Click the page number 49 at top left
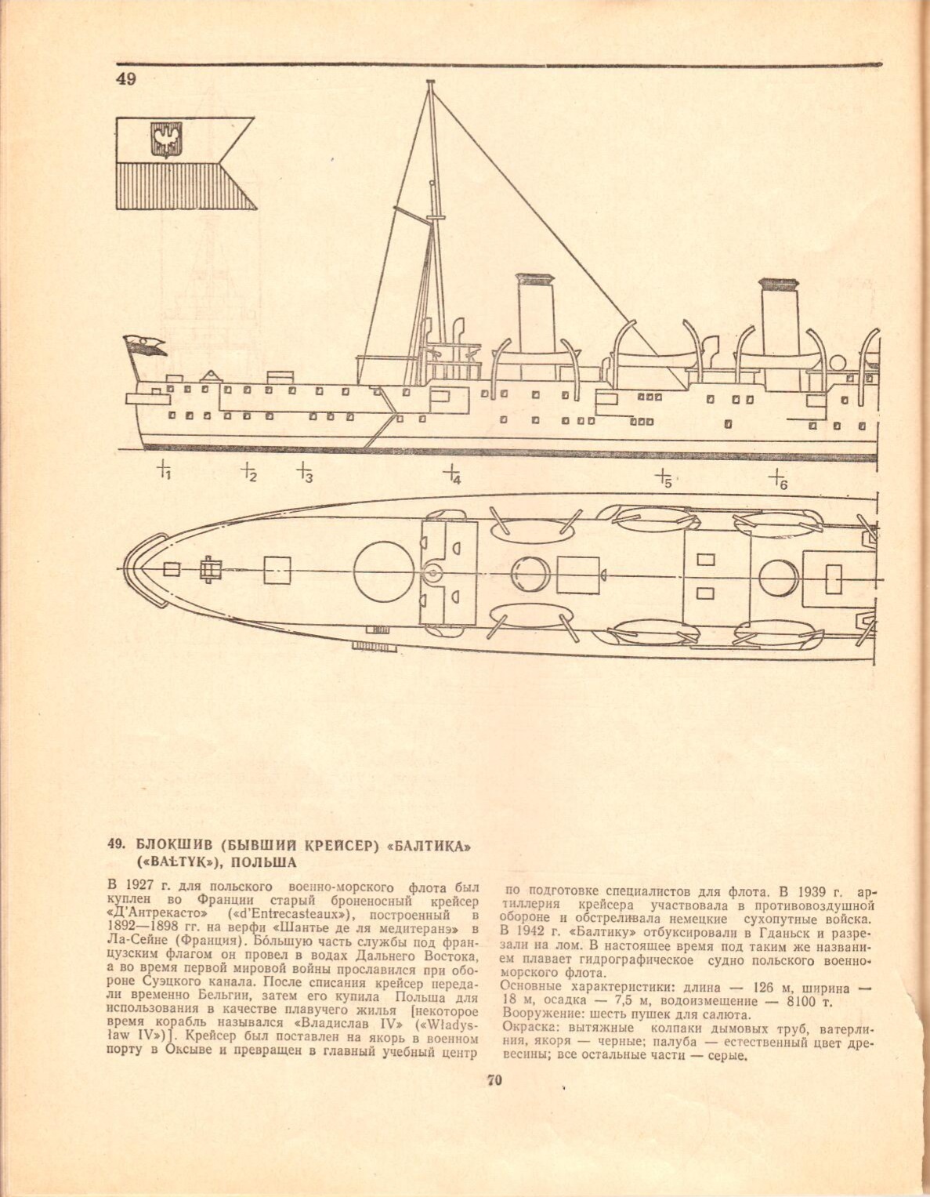coord(125,79)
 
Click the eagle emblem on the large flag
coord(165,141)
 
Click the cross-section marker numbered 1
coord(164,470)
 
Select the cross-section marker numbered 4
coord(451,473)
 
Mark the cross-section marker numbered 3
coord(304,472)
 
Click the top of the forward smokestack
coord(534,278)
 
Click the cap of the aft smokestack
coord(778,284)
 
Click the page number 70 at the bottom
coord(494,1080)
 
